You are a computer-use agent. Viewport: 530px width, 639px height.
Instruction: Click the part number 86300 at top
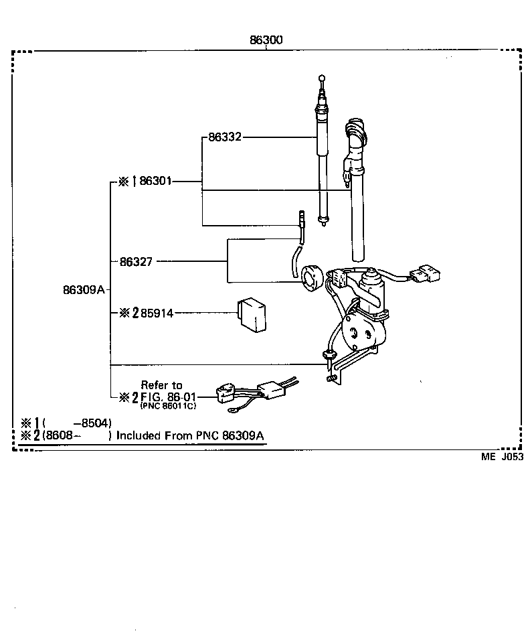pyautogui.click(x=266, y=40)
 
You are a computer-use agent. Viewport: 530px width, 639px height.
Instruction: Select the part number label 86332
pyautogui.click(x=224, y=137)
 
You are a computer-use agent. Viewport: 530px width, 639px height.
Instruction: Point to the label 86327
pyautogui.click(x=136, y=261)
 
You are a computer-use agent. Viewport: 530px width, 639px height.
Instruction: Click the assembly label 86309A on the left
pyautogui.click(x=84, y=290)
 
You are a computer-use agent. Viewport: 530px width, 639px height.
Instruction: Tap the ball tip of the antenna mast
pyautogui.click(x=323, y=78)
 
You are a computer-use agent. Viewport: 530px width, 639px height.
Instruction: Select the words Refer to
pyautogui.click(x=161, y=385)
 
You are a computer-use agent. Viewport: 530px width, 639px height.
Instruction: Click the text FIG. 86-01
pyautogui.click(x=168, y=397)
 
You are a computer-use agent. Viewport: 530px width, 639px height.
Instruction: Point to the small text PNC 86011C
pyautogui.click(x=168, y=407)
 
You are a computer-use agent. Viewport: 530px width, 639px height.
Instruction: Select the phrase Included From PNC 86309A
pyautogui.click(x=190, y=435)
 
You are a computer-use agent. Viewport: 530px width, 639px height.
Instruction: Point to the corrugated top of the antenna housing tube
pyautogui.click(x=355, y=133)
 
